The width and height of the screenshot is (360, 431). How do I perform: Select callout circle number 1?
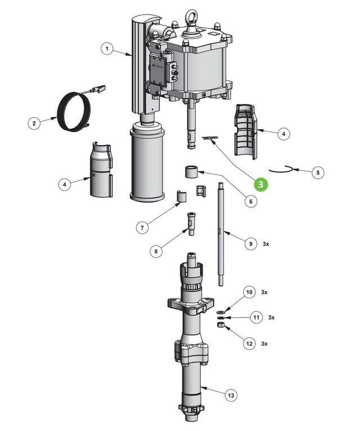click(106, 49)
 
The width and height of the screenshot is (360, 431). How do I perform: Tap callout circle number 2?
click(34, 123)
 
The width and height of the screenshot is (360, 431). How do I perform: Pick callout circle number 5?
click(318, 173)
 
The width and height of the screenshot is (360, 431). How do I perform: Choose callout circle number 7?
click(142, 228)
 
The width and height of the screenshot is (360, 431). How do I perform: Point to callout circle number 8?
click(156, 251)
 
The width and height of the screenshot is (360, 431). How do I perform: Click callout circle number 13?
click(231, 396)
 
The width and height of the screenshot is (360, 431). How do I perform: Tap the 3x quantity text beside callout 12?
click(264, 343)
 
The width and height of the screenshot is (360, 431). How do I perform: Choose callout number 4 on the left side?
click(65, 184)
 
